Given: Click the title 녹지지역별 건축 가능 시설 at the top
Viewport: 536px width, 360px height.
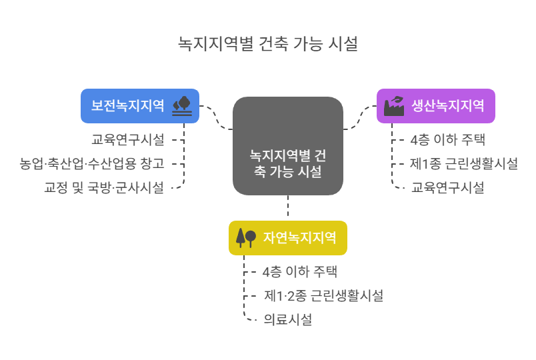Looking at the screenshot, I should [x=268, y=44].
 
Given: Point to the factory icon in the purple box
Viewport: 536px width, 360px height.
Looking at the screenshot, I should [x=393, y=106].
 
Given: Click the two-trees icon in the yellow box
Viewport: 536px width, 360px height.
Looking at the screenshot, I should [x=245, y=237].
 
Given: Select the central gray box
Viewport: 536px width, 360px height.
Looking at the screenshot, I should [x=288, y=145].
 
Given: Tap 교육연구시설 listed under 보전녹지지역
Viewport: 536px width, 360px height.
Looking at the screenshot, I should [x=127, y=139].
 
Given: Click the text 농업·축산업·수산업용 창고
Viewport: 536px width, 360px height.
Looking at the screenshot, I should [x=92, y=163].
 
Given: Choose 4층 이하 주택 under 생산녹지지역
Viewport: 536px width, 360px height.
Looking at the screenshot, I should [x=447, y=140].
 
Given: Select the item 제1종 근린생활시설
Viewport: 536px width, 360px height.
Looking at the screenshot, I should [x=464, y=164].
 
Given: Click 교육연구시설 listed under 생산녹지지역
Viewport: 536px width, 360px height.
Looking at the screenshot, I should [x=447, y=188].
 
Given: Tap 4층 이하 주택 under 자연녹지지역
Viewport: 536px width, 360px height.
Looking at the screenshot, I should [x=299, y=272].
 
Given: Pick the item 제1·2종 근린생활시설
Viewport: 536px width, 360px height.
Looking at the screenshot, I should [x=323, y=296].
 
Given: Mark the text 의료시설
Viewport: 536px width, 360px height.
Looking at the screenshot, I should [x=287, y=320].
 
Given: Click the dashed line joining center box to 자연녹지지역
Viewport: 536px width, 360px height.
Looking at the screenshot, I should [x=288, y=207].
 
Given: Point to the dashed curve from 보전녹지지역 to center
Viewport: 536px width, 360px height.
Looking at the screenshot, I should [x=217, y=117].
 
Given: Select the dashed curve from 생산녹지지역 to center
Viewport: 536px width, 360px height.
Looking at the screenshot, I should [x=360, y=117].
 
